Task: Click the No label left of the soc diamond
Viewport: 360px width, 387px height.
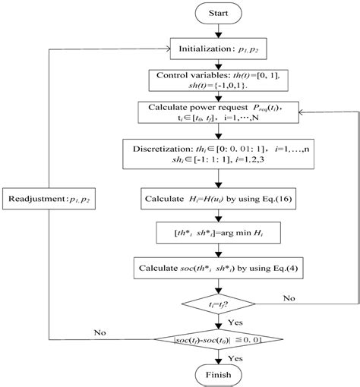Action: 98,332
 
